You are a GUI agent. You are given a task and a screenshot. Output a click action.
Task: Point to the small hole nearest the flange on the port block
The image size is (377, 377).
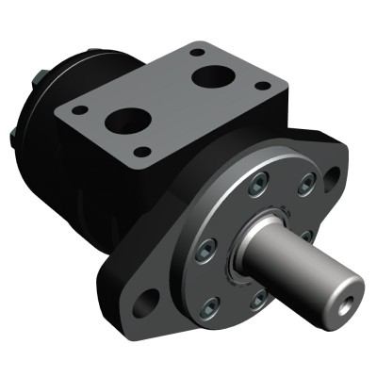click(x=142, y=151)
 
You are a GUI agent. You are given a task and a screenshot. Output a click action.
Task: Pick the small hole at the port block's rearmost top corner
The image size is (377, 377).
click(x=196, y=53)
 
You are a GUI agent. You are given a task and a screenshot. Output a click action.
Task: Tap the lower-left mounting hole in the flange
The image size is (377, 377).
click(x=148, y=303)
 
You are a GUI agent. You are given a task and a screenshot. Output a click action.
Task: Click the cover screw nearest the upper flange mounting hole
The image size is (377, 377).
click(x=304, y=187)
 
